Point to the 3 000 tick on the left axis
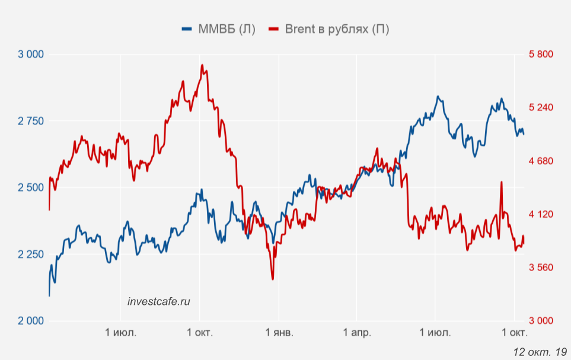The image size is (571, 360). tap(31, 55)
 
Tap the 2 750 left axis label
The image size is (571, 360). tap(31, 121)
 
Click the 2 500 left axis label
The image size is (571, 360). tap(31, 188)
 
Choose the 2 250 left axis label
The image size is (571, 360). tap(31, 254)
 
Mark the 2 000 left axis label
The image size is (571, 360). tap(31, 321)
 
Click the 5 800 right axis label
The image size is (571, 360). tap(540, 55)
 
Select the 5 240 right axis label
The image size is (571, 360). tap(540, 107)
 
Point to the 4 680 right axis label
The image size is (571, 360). tap(540, 161)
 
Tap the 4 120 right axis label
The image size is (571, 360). tap(540, 214)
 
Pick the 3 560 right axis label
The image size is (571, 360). tap(540, 267)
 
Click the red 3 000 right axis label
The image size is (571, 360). tap(540, 321)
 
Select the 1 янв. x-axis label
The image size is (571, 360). tap(278, 333)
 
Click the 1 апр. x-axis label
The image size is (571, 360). tap(356, 333)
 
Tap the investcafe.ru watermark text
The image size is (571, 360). tap(159, 301)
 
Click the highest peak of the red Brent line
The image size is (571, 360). tap(202, 65)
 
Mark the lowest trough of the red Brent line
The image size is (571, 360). tap(273, 279)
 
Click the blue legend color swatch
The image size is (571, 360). tap(187, 29)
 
